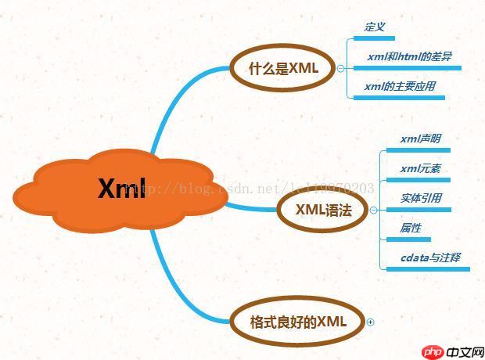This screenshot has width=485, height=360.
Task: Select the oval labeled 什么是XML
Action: (x=283, y=68)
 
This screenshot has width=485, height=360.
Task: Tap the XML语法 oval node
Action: (x=322, y=210)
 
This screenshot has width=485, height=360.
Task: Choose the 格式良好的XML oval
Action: (x=297, y=322)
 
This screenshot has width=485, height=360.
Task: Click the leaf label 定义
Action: (x=375, y=27)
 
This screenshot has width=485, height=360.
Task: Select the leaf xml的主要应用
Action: (x=399, y=86)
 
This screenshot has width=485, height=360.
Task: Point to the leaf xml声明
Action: (x=420, y=139)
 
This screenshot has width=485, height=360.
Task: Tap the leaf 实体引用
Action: (x=420, y=198)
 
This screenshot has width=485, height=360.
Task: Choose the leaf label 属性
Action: (x=410, y=228)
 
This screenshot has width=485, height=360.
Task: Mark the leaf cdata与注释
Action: (x=429, y=257)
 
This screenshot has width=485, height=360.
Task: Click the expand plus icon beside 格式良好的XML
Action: (x=371, y=322)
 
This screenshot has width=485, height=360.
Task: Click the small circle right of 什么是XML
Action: (x=340, y=68)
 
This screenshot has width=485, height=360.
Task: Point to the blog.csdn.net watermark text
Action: (x=258, y=188)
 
